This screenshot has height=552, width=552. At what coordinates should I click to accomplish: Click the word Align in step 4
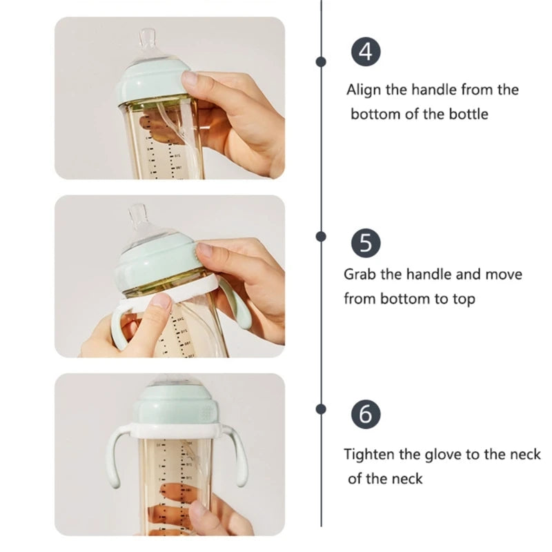[x=363, y=90]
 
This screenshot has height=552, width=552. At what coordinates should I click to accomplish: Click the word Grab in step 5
[x=359, y=275]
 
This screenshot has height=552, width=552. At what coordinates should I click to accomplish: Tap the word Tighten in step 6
[x=370, y=455]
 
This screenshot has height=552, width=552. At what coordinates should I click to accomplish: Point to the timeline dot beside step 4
[x=321, y=61]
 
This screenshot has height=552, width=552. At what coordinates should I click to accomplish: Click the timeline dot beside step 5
[x=321, y=236]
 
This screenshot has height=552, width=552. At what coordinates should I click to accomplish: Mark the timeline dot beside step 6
[x=321, y=408]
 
